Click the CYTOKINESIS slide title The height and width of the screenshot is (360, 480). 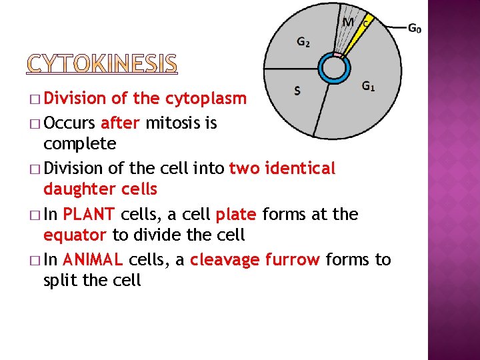[x=103, y=64]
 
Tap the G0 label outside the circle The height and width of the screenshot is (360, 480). [x=414, y=29]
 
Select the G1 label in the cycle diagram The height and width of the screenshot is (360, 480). [x=367, y=85]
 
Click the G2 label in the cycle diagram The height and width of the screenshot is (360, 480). [x=303, y=43]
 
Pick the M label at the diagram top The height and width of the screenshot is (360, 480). [x=348, y=23]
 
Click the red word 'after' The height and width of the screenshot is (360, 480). [x=119, y=123]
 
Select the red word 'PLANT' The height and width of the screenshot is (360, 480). [x=89, y=214]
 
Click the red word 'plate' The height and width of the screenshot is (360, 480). [x=236, y=214]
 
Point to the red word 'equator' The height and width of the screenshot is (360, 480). [x=74, y=235]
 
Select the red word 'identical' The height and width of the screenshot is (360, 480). [x=300, y=169]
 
